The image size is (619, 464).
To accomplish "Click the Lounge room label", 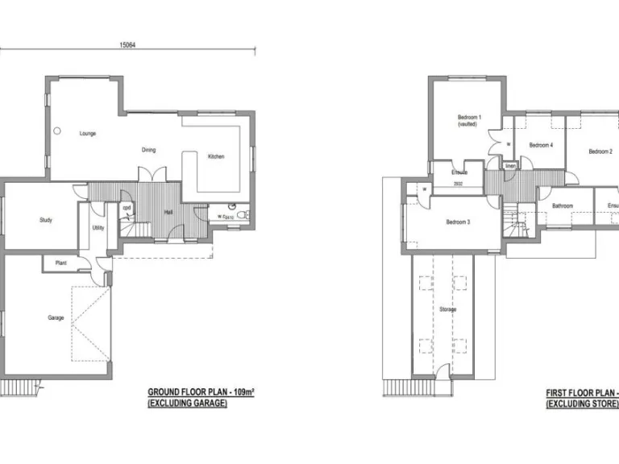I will [x=87, y=134].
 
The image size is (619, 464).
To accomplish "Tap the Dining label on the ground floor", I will [x=149, y=150].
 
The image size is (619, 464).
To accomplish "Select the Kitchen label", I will [x=216, y=156].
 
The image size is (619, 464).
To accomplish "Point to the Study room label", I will [x=46, y=220].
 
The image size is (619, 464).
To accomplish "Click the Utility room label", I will [x=98, y=228].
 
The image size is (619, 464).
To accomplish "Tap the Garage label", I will [x=56, y=317].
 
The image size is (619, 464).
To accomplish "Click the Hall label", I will [x=169, y=212].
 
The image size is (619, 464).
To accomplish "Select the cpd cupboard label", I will [x=127, y=208].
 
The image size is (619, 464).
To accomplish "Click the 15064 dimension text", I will [x=127, y=46].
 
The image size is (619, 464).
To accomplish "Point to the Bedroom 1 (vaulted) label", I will [x=468, y=121].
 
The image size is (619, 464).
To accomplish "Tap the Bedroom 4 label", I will [x=540, y=145].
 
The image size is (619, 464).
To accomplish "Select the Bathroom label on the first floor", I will [x=562, y=206].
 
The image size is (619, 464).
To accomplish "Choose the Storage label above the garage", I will [x=448, y=309].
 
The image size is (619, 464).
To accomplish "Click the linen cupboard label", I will [x=510, y=166].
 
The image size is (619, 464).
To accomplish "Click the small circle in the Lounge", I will [x=56, y=131].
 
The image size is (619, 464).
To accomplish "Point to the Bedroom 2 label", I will [x=600, y=151].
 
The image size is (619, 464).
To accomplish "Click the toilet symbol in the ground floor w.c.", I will [x=243, y=215].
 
